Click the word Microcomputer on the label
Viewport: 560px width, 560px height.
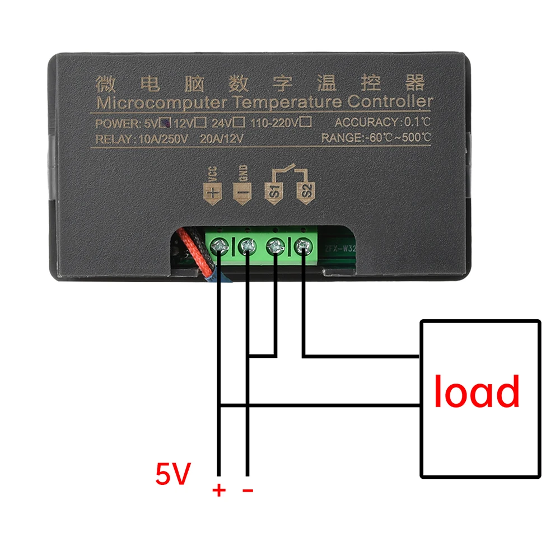[x=161, y=103]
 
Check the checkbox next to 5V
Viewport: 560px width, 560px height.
[x=165, y=121]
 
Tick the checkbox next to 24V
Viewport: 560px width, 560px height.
[x=239, y=121]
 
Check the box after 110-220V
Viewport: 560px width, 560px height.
[x=306, y=121]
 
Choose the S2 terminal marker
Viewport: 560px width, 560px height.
[x=306, y=190]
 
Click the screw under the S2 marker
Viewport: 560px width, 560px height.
[x=303, y=245]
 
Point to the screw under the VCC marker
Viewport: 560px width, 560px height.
[x=219, y=245]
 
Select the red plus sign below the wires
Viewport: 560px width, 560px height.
[x=218, y=491]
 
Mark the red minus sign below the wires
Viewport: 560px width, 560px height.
[x=248, y=491]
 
